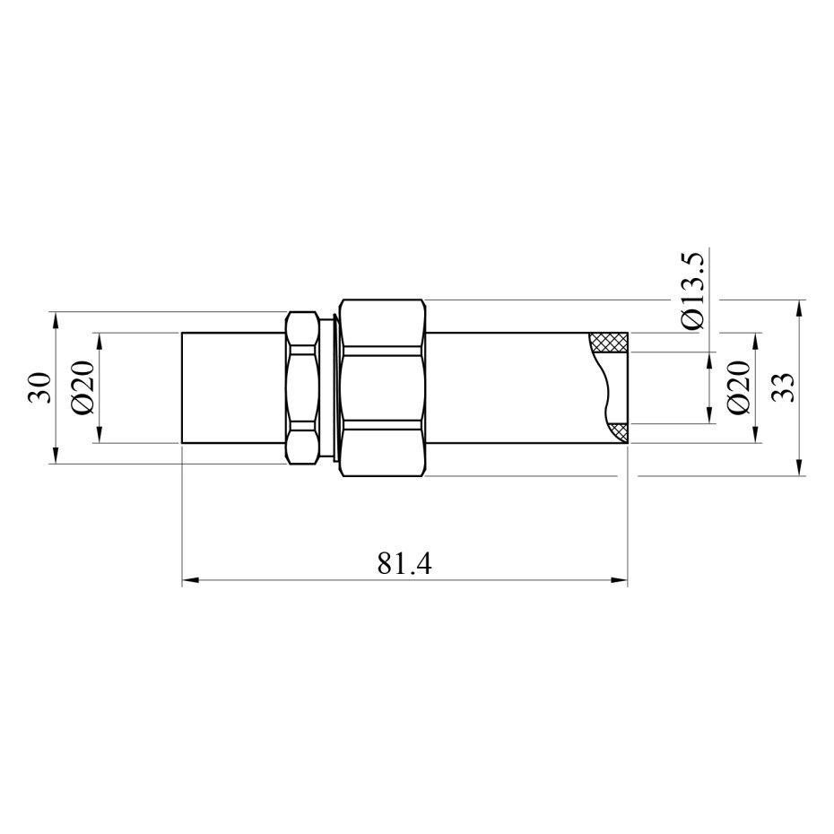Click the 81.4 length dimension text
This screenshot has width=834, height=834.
pyautogui.click(x=404, y=564)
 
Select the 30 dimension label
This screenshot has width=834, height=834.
pyautogui.click(x=40, y=387)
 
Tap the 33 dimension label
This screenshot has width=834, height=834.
pyautogui.click(x=782, y=387)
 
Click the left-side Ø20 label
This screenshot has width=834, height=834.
pyautogui.click(x=83, y=387)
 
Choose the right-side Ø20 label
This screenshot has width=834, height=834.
pyautogui.click(x=739, y=387)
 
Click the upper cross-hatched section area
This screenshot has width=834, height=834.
pyautogui.click(x=610, y=343)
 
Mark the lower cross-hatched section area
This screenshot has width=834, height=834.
pyautogui.click(x=619, y=432)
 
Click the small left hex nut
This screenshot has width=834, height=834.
pyautogui.click(x=304, y=387)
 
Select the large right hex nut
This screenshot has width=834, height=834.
pyautogui.click(x=382, y=387)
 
